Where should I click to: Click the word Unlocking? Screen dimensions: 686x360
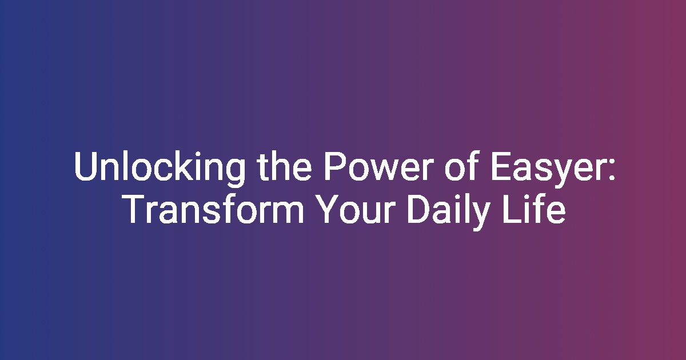coord(159,169)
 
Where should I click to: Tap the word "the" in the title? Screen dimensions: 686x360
coord(285,166)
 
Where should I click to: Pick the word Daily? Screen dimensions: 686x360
coord(448,211)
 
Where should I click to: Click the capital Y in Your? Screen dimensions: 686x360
coord(328,209)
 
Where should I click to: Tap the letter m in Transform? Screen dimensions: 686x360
coord(288,213)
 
